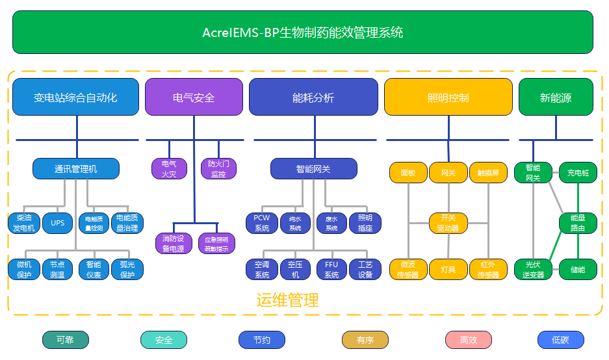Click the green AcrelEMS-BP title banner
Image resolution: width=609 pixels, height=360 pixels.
302,32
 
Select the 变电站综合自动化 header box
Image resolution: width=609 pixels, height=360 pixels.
75,97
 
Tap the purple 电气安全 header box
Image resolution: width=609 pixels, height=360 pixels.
193,97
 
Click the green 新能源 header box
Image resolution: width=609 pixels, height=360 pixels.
555,97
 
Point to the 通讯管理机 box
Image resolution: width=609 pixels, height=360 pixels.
76,169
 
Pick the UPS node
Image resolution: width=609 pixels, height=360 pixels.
58,223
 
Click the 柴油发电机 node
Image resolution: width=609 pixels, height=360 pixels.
24,223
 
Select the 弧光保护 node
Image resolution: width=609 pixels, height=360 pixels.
127,269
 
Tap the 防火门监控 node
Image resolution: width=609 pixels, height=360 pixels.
218,169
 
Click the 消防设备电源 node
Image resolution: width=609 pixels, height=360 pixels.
174,243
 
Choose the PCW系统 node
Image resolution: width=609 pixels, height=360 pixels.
262,223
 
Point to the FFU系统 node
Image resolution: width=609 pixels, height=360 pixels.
331,269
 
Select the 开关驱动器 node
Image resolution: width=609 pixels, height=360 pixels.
448,223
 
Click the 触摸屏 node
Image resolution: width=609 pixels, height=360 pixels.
488,173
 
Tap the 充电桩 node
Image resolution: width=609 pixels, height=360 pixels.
578,173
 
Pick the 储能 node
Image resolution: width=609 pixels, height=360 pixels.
578,269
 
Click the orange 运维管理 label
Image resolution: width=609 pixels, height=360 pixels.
287,300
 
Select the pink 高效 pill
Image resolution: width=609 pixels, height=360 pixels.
468,340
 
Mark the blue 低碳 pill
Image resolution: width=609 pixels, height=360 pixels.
560,340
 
